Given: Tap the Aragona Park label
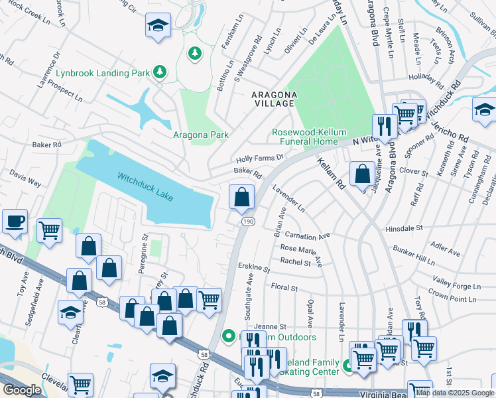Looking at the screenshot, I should click(200, 135).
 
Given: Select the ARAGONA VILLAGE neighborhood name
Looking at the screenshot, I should click(273, 99).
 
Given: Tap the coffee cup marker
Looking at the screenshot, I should click(13, 221).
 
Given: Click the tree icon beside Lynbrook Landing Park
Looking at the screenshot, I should click(159, 72).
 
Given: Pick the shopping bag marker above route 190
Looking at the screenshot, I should click(242, 196).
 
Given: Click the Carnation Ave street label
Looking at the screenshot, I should click(307, 235).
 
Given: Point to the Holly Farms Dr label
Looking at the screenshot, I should click(260, 159).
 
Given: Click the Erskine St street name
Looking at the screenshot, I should click(254, 269).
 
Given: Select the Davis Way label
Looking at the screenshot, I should click(25, 180).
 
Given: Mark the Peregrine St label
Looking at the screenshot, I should click(144, 247).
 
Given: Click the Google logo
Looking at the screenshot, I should click(22, 390).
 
